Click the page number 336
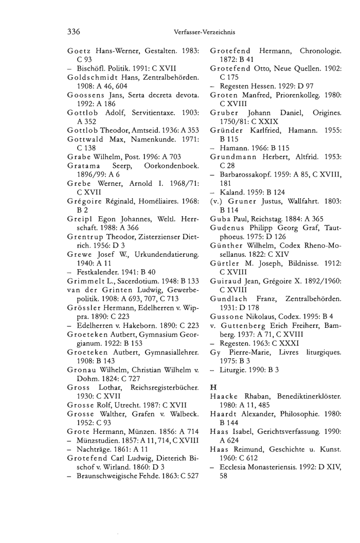74,32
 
